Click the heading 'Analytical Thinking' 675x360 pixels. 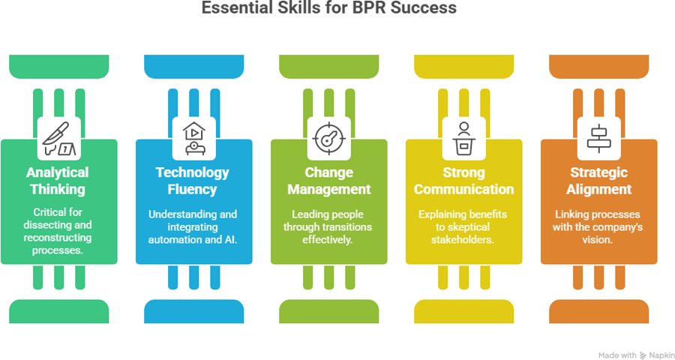(x=59, y=181)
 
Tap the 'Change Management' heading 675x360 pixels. (x=328, y=181)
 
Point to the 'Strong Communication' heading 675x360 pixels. (x=464, y=181)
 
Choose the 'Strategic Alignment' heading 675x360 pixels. (x=599, y=181)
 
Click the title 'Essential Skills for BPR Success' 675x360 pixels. (x=337, y=9)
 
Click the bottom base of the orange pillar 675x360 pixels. (x=599, y=310)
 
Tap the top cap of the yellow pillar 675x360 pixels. (x=464, y=65)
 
